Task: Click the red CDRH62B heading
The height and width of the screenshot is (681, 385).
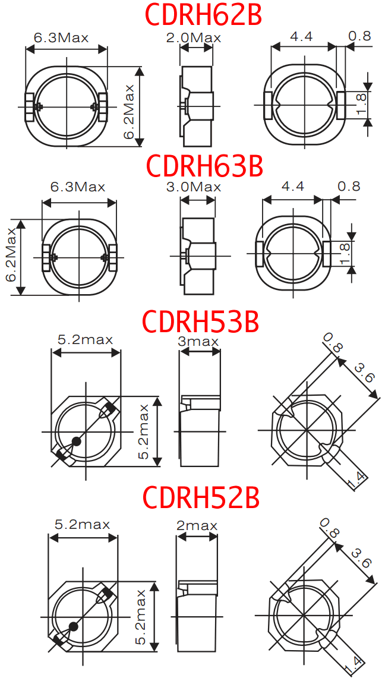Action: (203, 14)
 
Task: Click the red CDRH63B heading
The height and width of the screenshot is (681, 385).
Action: (205, 165)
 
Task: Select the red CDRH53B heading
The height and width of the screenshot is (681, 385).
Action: (201, 321)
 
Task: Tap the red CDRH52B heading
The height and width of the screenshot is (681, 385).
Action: (201, 498)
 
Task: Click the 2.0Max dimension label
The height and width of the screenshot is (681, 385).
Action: (194, 37)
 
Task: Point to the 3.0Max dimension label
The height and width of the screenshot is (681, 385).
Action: (194, 187)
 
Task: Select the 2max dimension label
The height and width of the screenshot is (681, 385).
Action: (197, 525)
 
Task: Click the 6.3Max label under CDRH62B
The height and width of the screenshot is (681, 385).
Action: (61, 37)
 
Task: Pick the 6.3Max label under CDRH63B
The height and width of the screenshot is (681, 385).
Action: (78, 187)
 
